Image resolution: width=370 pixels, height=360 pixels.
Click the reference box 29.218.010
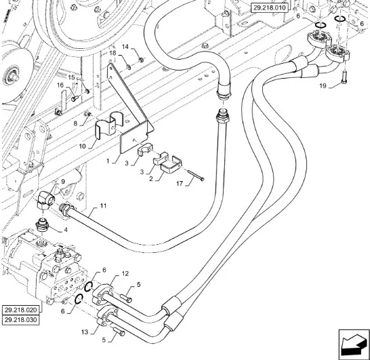[269, 7]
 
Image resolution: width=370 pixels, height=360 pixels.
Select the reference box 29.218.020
[21, 310]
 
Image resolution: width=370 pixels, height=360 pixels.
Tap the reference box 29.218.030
[21, 320]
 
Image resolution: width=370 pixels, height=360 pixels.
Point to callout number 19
[323, 85]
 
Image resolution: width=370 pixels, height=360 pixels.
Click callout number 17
[180, 183]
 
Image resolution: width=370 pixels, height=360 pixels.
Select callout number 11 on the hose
[103, 205]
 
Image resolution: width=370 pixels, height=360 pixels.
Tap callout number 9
[63, 182]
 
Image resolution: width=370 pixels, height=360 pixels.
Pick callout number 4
[65, 229]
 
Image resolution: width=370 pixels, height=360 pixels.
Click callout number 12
[125, 273]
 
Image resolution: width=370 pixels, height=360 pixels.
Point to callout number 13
[85, 332]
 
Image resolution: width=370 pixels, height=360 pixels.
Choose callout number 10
[82, 146]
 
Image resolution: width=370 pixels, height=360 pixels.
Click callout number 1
[108, 161]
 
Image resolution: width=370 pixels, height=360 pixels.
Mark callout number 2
[151, 179]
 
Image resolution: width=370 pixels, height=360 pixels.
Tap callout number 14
[125, 47]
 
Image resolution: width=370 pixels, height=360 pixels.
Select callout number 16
[60, 85]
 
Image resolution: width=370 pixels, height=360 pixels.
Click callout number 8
[75, 123]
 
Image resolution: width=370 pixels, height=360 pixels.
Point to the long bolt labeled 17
[196, 175]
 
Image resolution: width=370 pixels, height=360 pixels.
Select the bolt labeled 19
[344, 77]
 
